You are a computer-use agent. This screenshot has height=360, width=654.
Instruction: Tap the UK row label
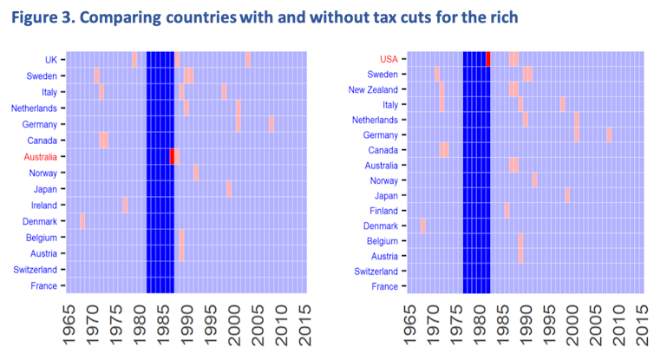coord(51,60)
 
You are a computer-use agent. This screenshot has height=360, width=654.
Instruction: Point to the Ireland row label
coord(43,206)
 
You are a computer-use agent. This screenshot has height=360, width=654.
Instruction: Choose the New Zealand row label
coord(372,89)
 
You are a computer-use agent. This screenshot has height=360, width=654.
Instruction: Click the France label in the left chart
coord(43,285)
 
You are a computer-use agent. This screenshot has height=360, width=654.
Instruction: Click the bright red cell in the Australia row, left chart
coord(172,157)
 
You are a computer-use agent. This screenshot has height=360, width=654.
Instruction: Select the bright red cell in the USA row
coord(488,59)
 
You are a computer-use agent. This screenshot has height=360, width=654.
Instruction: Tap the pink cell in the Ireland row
coord(125,206)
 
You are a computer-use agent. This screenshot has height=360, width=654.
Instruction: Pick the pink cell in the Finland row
coord(507,210)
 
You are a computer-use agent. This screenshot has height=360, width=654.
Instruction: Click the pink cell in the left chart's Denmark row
coord(82,221)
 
